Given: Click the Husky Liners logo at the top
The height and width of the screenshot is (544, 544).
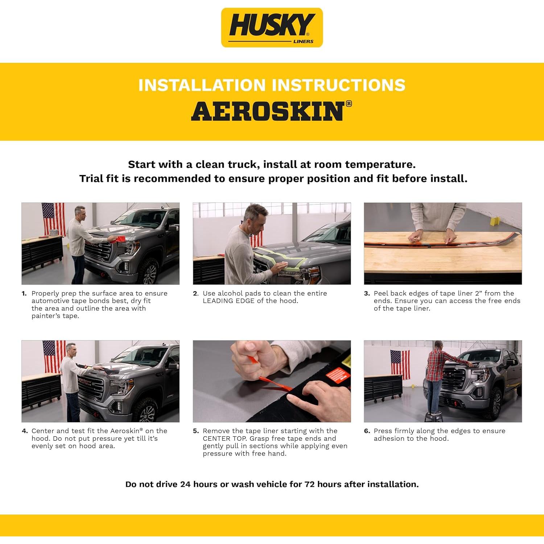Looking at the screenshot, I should (x=272, y=28).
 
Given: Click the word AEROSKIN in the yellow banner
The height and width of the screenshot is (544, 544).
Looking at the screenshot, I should (x=267, y=111).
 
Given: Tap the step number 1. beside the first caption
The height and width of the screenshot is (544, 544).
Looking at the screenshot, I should (x=24, y=293).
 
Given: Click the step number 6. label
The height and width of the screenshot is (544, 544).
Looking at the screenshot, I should (x=367, y=431).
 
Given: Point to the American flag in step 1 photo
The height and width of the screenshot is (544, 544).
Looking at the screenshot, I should (x=53, y=218).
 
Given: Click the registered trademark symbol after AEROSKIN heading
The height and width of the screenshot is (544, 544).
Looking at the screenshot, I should (x=349, y=103).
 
